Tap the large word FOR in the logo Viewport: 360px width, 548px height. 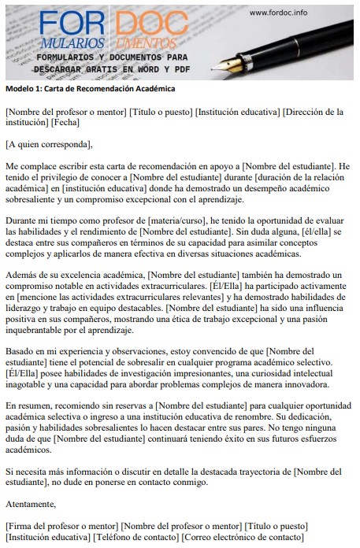point(69,23)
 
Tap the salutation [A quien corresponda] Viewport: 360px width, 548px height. point(49,144)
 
